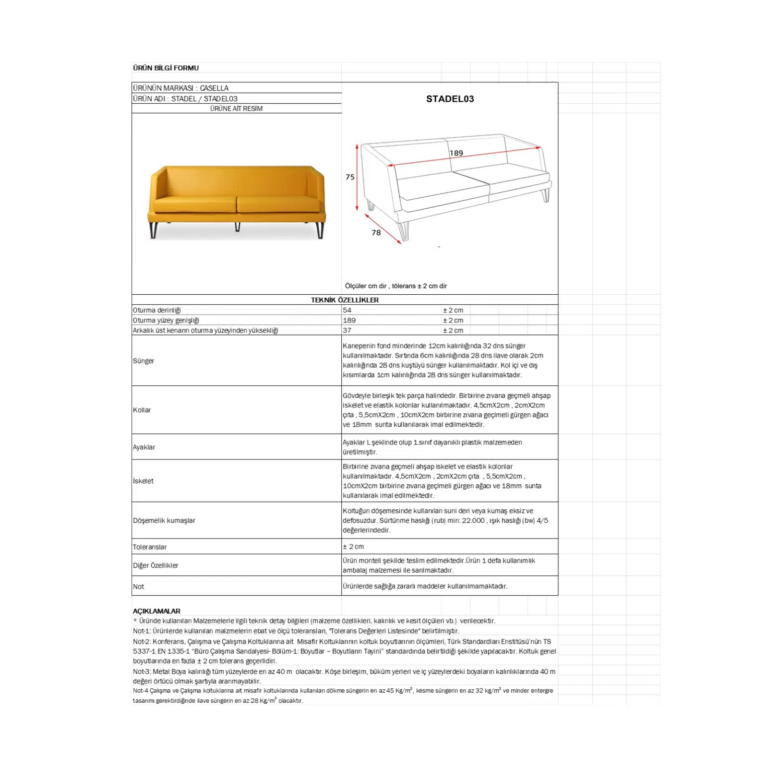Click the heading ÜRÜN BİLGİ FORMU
(x=166, y=68)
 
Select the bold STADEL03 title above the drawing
(x=450, y=99)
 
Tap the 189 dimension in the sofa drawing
(x=456, y=153)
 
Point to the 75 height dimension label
(x=350, y=177)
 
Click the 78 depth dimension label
(x=376, y=233)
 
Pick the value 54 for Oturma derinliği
(x=347, y=310)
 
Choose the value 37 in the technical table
(x=347, y=330)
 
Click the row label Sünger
(x=144, y=360)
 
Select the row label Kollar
(x=142, y=410)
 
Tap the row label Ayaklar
(x=144, y=447)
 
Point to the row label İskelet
(x=144, y=481)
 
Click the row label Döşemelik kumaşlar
(x=164, y=520)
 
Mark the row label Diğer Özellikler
(x=156, y=565)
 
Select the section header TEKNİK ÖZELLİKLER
(x=345, y=300)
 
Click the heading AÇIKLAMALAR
(x=157, y=611)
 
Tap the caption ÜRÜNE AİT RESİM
(x=236, y=108)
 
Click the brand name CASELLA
(x=214, y=88)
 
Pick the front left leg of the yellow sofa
(x=154, y=230)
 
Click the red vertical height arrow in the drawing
(x=357, y=177)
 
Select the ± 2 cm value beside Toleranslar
(x=353, y=547)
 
